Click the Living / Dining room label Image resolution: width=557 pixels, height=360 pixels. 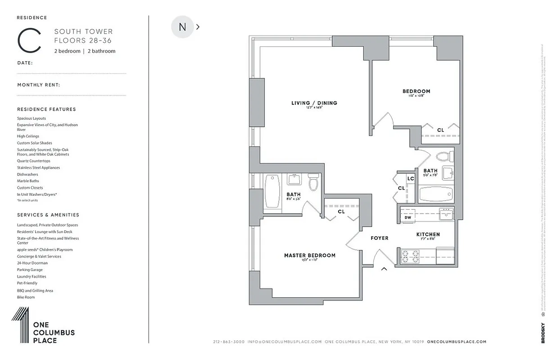point(314,103)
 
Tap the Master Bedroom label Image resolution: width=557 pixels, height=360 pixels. point(309,256)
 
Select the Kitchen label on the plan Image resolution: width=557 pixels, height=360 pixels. point(428,234)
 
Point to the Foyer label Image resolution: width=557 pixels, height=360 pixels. point(379,238)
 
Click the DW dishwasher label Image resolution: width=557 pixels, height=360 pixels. point(408,217)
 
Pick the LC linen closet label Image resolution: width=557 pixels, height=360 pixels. point(410,179)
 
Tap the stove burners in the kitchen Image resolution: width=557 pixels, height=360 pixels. point(409,256)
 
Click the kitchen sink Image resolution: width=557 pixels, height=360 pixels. point(446,215)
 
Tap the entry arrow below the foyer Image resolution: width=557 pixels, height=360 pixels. point(384,269)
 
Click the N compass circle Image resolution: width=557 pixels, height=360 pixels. point(182,27)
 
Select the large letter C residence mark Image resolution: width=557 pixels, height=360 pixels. point(29,41)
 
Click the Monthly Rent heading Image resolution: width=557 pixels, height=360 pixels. point(39,85)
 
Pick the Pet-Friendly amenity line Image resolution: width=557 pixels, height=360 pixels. point(27,283)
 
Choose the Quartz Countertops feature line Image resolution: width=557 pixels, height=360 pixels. point(34,161)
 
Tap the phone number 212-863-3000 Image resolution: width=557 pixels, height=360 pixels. point(229,342)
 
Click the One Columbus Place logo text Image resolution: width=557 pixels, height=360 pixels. point(54,333)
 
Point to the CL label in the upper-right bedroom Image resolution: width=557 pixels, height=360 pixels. point(440,130)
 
